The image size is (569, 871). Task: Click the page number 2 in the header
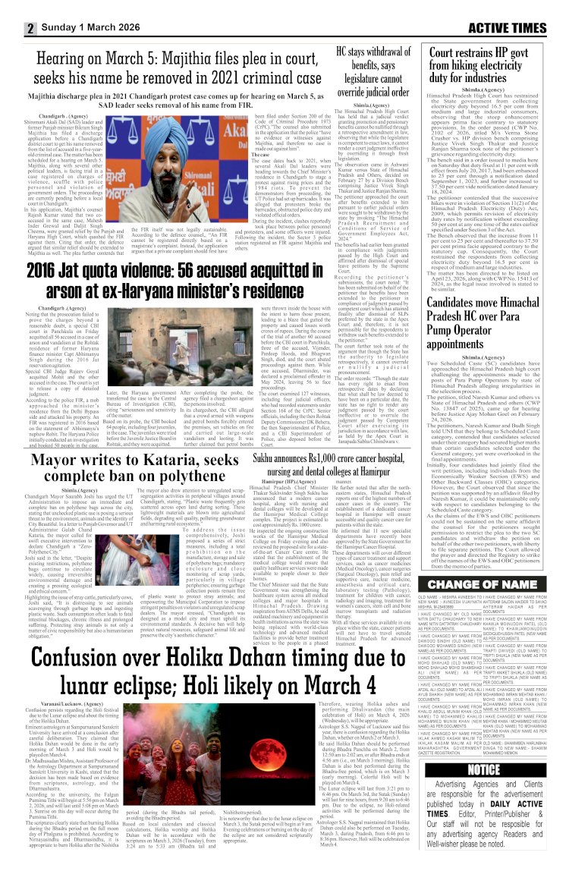(31, 29)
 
